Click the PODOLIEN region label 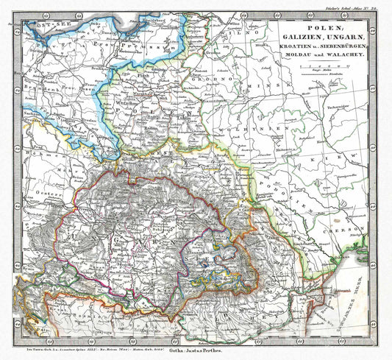(x=302, y=193)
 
